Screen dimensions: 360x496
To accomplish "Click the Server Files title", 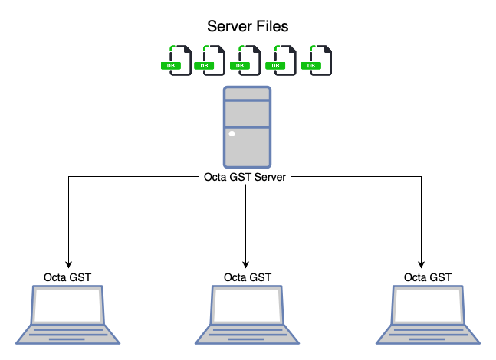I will point(248,27).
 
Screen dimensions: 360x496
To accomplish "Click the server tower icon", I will point(247,126).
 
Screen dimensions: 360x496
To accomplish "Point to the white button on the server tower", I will point(232,135).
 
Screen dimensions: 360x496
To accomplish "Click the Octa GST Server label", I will point(246,178).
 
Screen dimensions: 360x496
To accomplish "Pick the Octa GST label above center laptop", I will point(247,277).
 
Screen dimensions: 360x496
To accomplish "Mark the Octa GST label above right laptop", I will point(427,277).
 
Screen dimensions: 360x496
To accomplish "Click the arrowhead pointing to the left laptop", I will point(68,260).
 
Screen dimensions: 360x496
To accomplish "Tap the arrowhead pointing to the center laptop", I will point(246,260).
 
